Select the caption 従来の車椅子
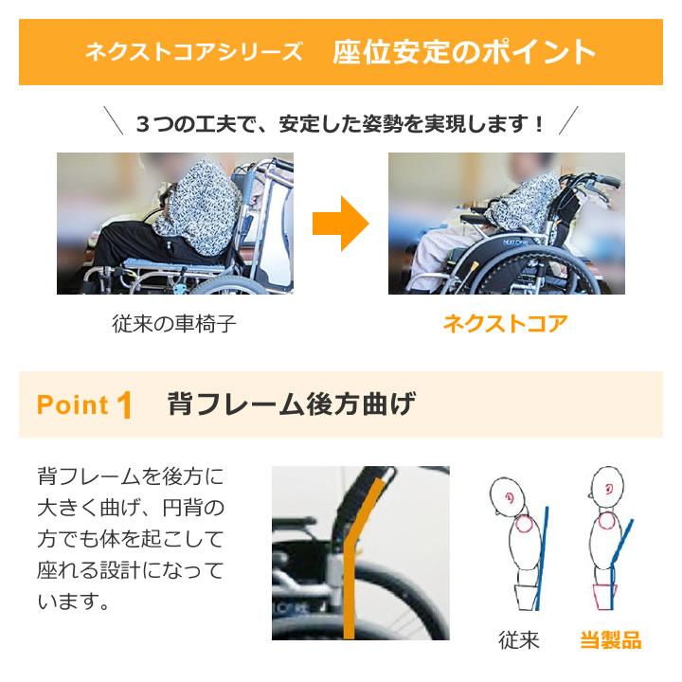pos(174,324)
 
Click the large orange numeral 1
pos(123,405)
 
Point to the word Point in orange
pos(73,405)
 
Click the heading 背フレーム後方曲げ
pos(291,404)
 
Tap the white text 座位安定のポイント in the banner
pos(464,52)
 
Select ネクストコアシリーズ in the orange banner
pos(194,52)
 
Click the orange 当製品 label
pos(610,640)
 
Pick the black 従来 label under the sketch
pos(519,640)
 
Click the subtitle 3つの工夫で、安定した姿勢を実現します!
pos(341,123)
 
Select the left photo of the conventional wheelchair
pos(175,224)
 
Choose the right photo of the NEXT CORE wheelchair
pos(507,224)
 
